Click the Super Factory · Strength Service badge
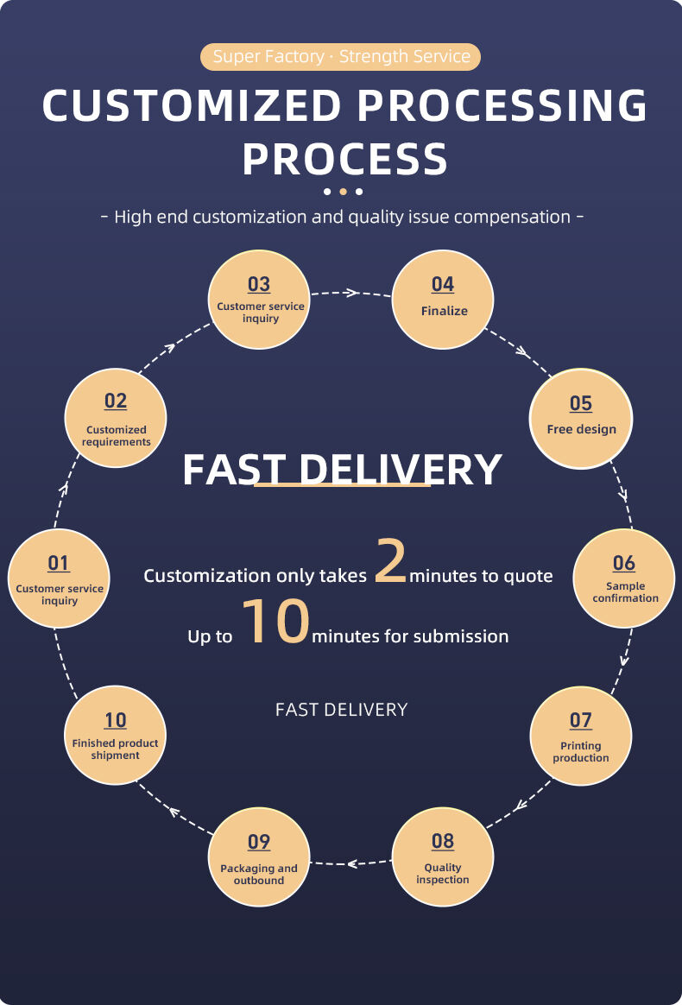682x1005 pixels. point(341,57)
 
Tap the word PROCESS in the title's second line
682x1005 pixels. point(344,160)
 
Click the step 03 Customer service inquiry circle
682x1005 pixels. point(259,299)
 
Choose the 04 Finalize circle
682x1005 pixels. point(443,299)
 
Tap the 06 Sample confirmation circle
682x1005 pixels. point(624,578)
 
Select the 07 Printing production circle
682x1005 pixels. point(581,735)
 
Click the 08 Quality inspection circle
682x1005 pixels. point(443,856)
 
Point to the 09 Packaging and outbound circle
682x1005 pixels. point(259,856)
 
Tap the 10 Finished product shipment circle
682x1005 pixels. point(116,735)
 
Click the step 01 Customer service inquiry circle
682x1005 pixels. point(59,578)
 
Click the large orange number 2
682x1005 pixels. point(390,561)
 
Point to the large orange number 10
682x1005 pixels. point(275,623)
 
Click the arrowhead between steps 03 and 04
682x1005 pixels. point(350,293)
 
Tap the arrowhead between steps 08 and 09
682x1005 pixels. point(353,863)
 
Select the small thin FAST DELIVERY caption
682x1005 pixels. point(341,710)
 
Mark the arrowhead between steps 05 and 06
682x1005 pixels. point(623,496)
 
